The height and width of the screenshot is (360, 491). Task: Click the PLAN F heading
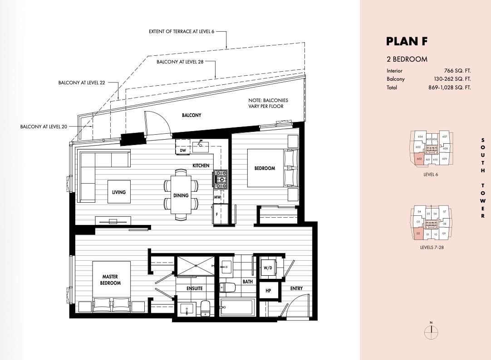[407, 41]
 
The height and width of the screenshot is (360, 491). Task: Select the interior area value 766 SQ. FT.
[457, 71]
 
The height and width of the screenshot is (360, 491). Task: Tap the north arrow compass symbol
[431, 332]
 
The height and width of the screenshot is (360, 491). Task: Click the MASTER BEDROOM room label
[110, 280]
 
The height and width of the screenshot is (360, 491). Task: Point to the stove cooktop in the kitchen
[221, 179]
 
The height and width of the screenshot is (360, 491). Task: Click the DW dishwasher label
[183, 150]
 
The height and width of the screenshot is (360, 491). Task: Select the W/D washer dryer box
[268, 268]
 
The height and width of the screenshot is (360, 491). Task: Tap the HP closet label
[268, 291]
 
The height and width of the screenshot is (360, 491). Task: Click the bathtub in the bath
[237, 308]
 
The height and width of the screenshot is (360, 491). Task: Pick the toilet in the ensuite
[205, 308]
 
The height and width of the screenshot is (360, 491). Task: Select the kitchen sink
[200, 146]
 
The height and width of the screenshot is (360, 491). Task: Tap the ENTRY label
[296, 288]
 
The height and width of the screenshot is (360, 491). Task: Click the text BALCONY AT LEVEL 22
[82, 83]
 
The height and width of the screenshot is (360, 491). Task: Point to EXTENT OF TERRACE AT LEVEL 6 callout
[181, 32]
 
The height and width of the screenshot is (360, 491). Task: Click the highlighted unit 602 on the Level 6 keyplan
[419, 159]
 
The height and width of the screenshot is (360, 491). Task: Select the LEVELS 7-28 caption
[430, 248]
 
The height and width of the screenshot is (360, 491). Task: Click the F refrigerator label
[217, 214]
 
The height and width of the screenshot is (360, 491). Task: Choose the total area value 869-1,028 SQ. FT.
[449, 88]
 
